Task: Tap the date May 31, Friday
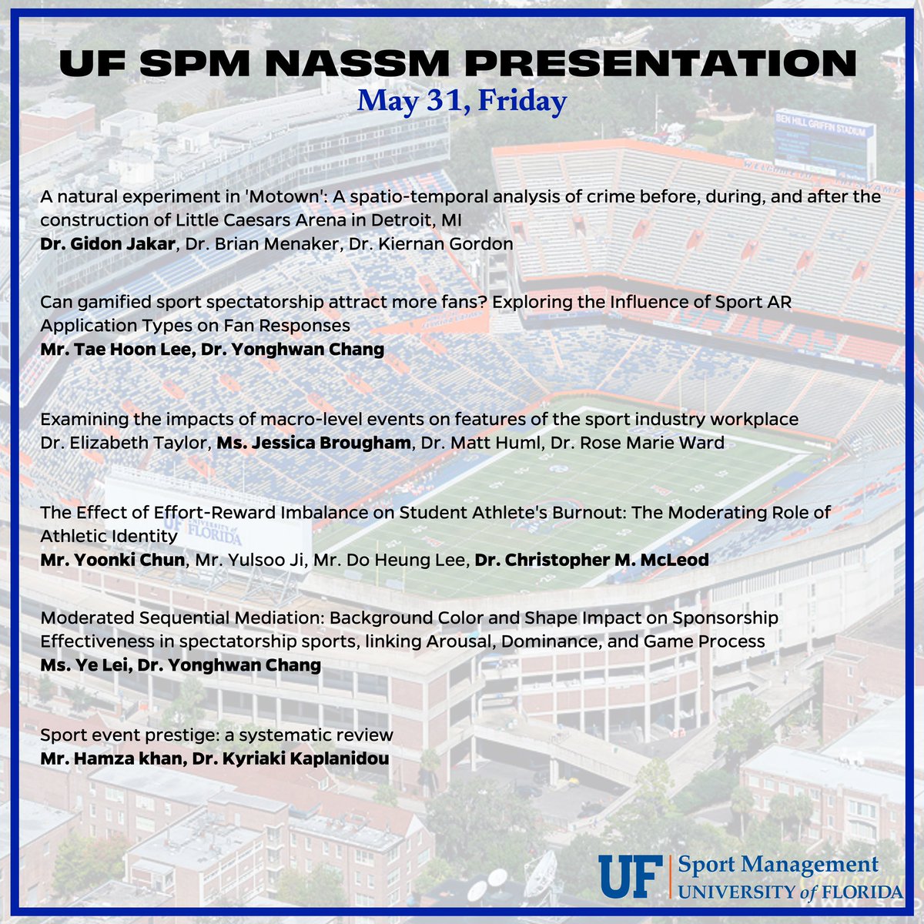tap(461, 100)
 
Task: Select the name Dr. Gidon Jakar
tap(108, 244)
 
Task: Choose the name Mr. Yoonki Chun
tap(112, 560)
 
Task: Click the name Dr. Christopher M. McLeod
tap(591, 560)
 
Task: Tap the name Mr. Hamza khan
tap(109, 758)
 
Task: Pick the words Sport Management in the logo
tap(778, 864)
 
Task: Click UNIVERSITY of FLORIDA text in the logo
tap(790, 892)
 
